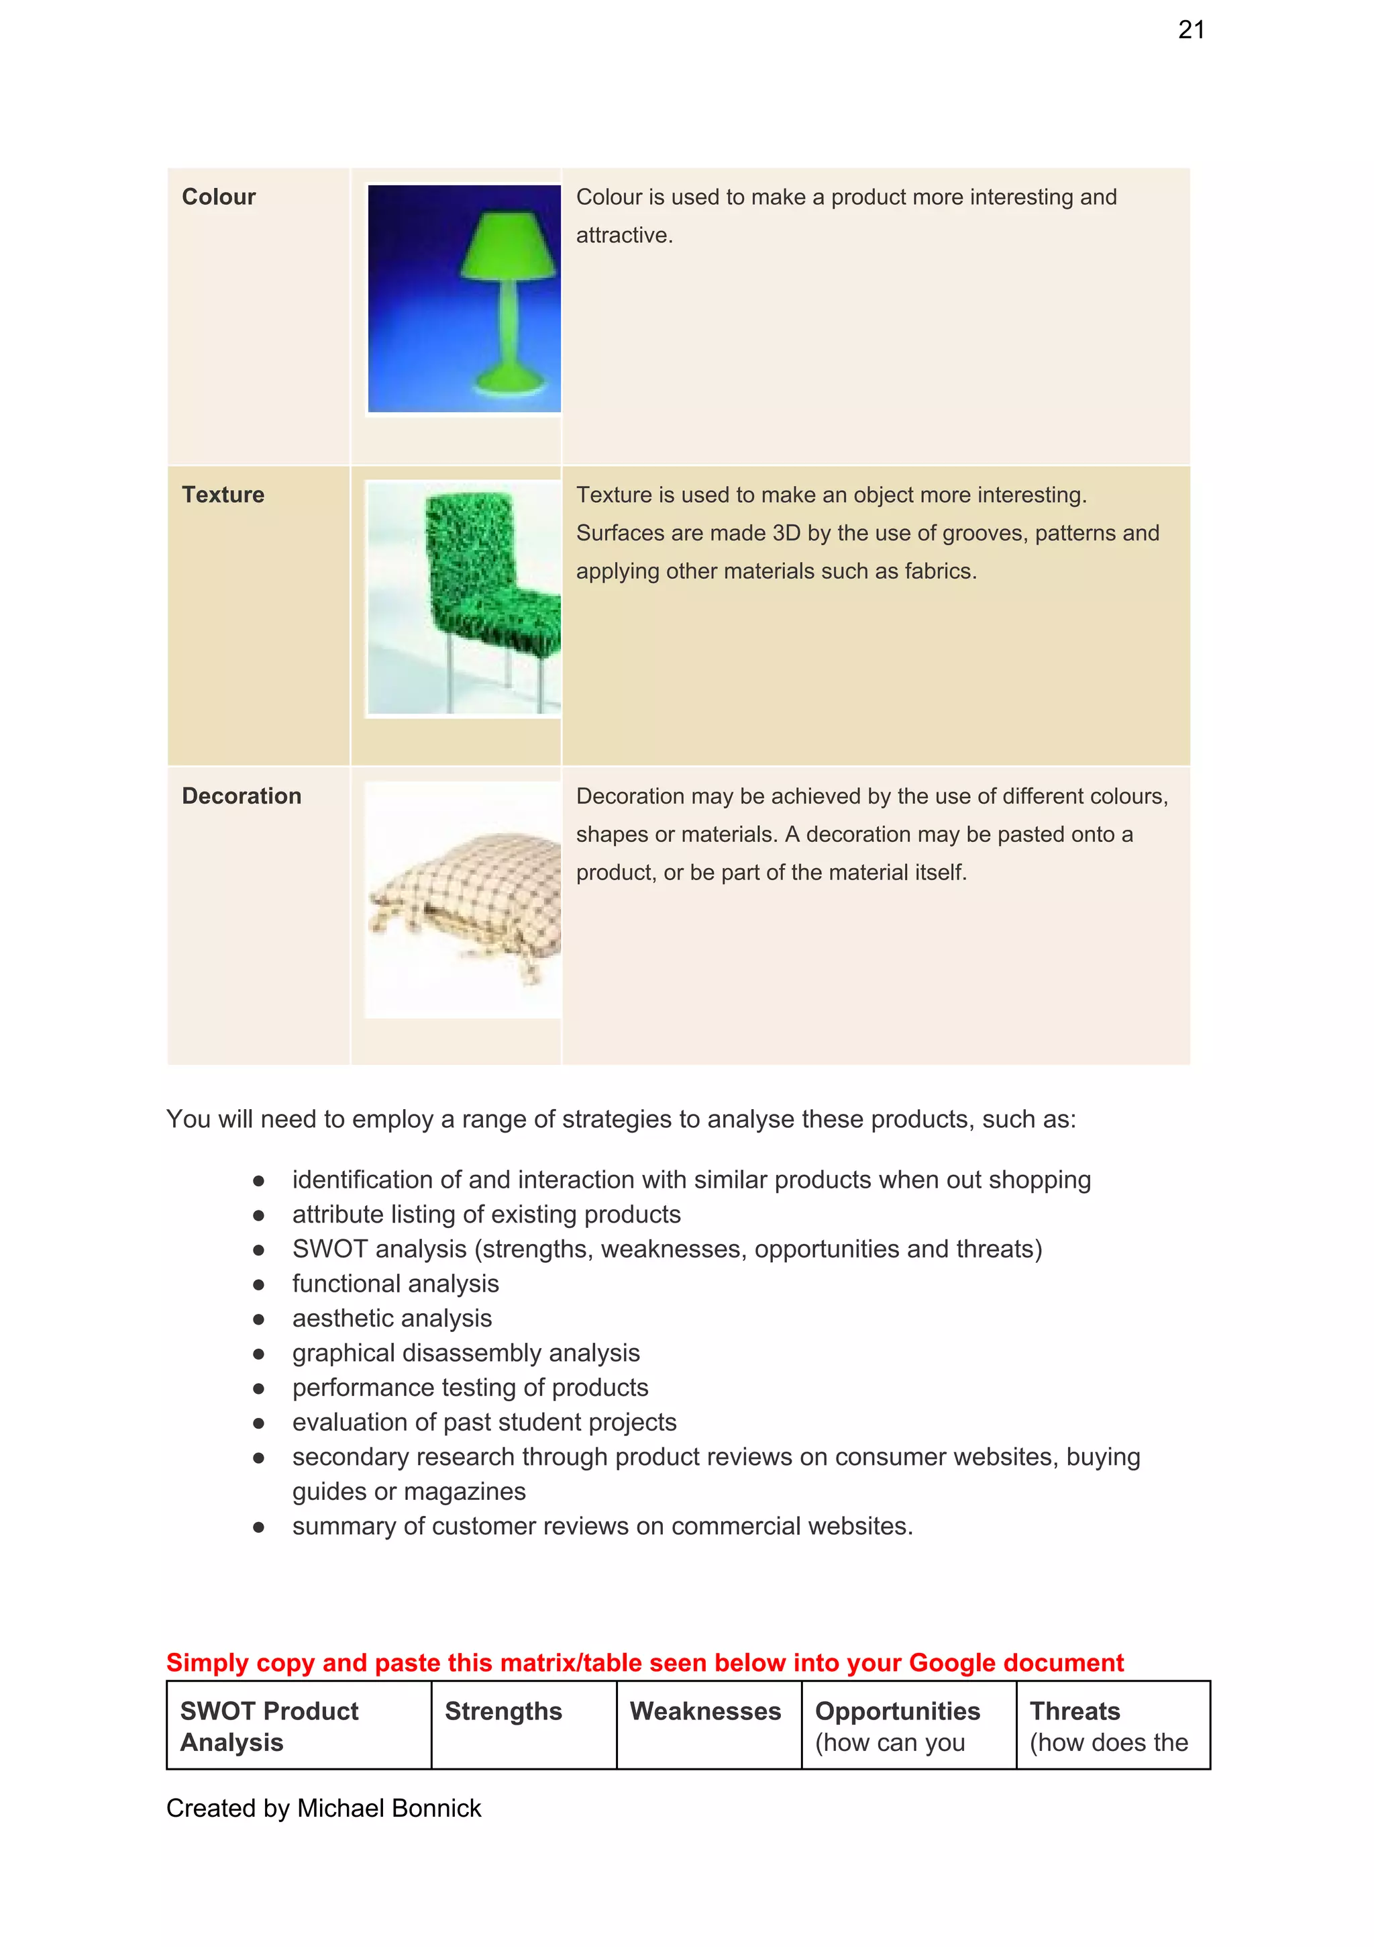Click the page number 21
pos(1190,30)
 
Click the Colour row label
pos(218,197)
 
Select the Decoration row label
pos(241,796)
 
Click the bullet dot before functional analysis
pos(258,1285)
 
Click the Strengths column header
pos(503,1711)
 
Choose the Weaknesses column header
pos(705,1711)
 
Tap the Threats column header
pos(1074,1711)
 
